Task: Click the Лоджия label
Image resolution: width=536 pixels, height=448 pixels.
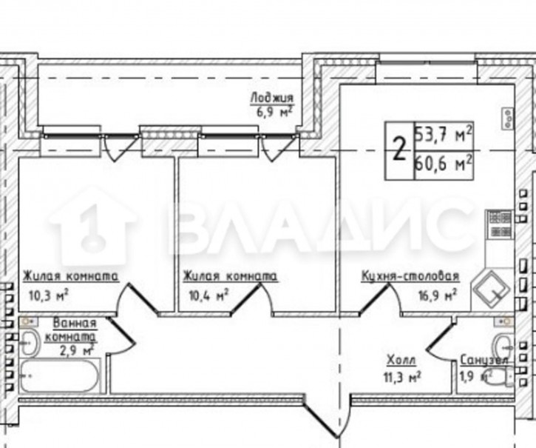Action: pos(272,98)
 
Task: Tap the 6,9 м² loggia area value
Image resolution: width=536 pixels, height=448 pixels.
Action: pos(274,112)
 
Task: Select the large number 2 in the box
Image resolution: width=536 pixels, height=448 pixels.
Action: pos(399,150)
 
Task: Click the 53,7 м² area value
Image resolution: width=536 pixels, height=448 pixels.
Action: pos(444,135)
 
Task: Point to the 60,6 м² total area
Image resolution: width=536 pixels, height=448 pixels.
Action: pos(444,164)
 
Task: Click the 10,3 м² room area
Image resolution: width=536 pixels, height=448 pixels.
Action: pos(50,295)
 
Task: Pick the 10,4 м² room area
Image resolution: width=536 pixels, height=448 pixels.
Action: pos(208,295)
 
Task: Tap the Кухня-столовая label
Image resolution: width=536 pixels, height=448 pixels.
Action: pos(410,276)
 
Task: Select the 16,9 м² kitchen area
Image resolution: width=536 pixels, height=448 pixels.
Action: pos(438,295)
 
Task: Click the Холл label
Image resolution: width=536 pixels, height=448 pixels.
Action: pos(401,361)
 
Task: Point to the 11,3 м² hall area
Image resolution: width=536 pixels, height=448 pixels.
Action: pos(402,378)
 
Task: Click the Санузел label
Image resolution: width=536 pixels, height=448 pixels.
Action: pos(484,360)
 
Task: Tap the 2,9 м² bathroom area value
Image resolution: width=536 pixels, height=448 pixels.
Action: pos(77,352)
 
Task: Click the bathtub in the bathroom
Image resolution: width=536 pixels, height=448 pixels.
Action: pos(60,375)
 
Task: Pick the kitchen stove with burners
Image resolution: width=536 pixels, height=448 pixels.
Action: pos(500,224)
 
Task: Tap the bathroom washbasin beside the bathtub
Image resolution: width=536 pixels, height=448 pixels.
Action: pos(30,343)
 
